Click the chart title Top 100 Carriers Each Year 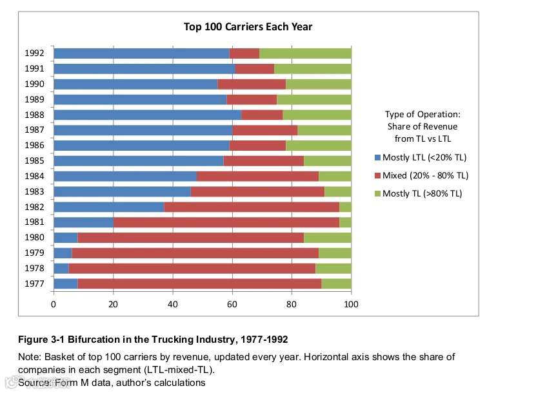click(248, 26)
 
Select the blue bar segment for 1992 click(141, 53)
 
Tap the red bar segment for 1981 click(226, 222)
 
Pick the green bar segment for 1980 click(328, 238)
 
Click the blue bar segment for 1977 click(66, 283)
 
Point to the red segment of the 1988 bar click(262, 115)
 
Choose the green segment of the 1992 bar click(305, 53)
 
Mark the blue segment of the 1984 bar click(125, 176)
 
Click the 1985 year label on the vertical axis click(34, 161)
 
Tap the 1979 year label click(34, 253)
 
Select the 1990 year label click(34, 84)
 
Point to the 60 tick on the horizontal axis click(232, 304)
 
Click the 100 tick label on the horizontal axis click(351, 304)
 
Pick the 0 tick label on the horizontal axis click(54, 304)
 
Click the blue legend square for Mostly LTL click(378, 157)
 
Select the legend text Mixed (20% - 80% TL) click(425, 175)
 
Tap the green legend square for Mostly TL click(378, 193)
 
